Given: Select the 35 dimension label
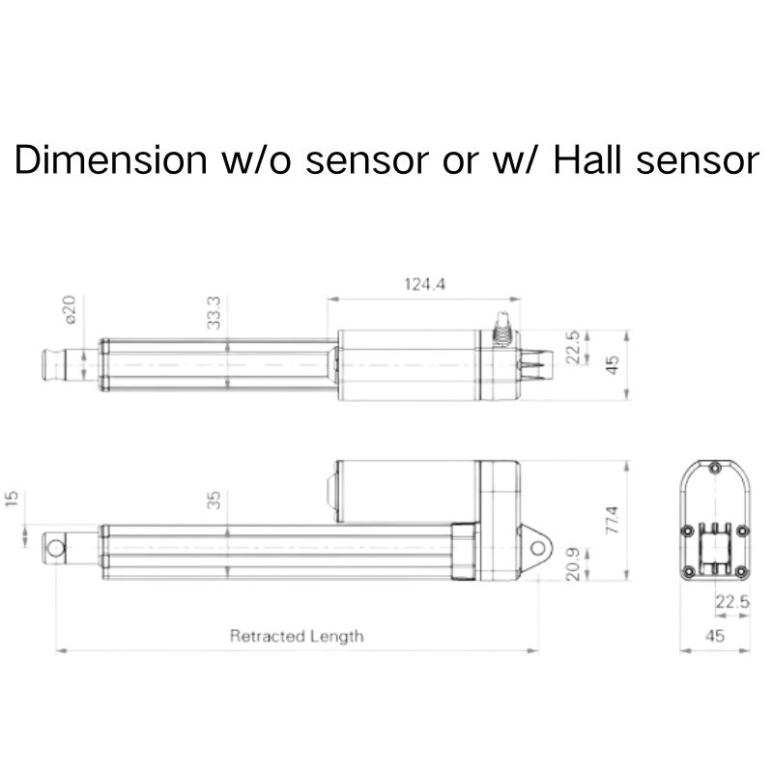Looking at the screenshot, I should point(214,500).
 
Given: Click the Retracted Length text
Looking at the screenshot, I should point(297,636).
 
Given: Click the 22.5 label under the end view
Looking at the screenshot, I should point(731,602).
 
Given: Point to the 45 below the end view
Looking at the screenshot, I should point(715,636).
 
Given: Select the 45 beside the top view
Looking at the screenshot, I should point(610,365).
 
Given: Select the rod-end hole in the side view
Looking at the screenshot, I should point(57,549).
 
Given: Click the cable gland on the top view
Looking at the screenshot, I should point(501,328).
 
